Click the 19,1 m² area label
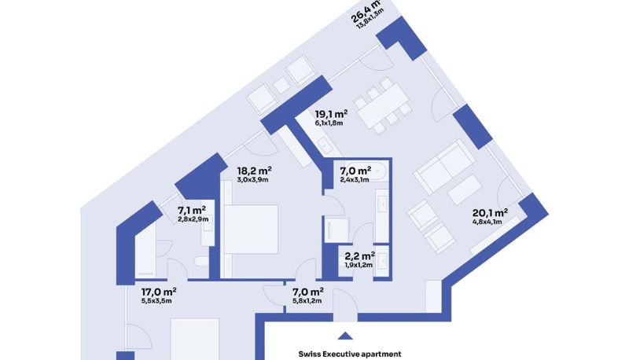pyautogui.click(x=331, y=114)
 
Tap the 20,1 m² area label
pyautogui.click(x=490, y=213)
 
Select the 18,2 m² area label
pyautogui.click(x=254, y=171)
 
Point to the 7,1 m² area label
pyautogui.click(x=191, y=211)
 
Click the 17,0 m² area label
pyautogui.click(x=159, y=292)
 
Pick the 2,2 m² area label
pyautogui.click(x=360, y=255)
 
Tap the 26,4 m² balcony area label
pyautogui.click(x=365, y=13)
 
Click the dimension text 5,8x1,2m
pyautogui.click(x=307, y=301)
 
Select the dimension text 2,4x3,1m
pyautogui.click(x=355, y=179)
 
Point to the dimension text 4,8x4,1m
pyautogui.click(x=487, y=222)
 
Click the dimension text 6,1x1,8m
pyautogui.click(x=329, y=123)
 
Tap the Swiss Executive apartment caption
pyautogui.click(x=350, y=354)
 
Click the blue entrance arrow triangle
pyautogui.click(x=345, y=336)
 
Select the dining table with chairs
pyautogui.click(x=383, y=106)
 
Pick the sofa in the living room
pyautogui.click(x=445, y=167)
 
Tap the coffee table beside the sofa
pyautogui.click(x=465, y=190)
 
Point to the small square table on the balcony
pyautogui.click(x=281, y=85)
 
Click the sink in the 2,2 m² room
pyautogui.click(x=382, y=263)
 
